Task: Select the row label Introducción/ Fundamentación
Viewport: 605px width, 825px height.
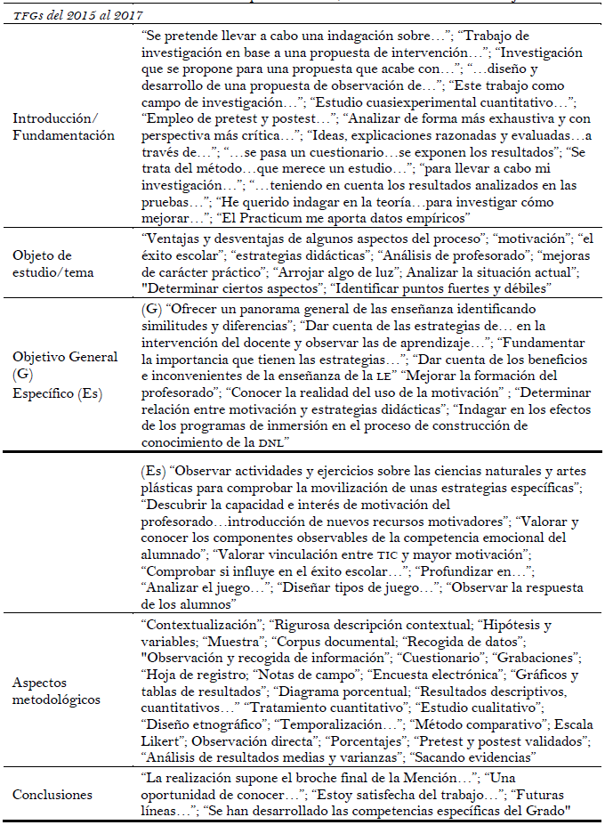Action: [64, 128]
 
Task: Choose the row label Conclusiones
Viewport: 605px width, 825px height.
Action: [52, 795]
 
